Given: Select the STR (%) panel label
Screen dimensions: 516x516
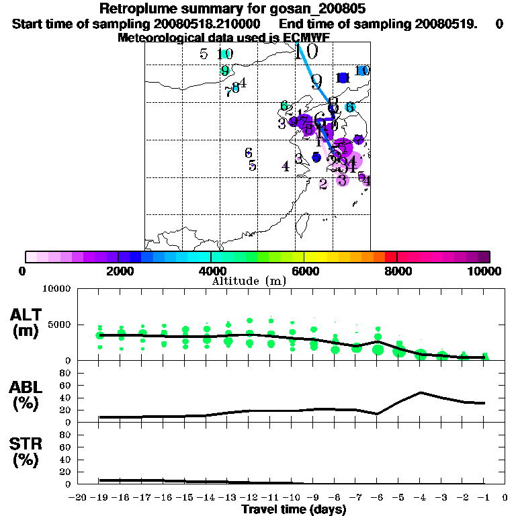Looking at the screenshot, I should tap(26, 452).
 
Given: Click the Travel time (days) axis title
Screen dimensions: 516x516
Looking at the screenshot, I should tap(294, 509).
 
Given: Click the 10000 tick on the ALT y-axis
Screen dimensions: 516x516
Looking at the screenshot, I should tap(57, 289).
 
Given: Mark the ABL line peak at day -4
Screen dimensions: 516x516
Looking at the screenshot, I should tap(421, 392).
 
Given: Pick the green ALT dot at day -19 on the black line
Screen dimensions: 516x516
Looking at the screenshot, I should tap(100, 335).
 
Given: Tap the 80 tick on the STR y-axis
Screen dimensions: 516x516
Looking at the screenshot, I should tap(66, 435).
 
